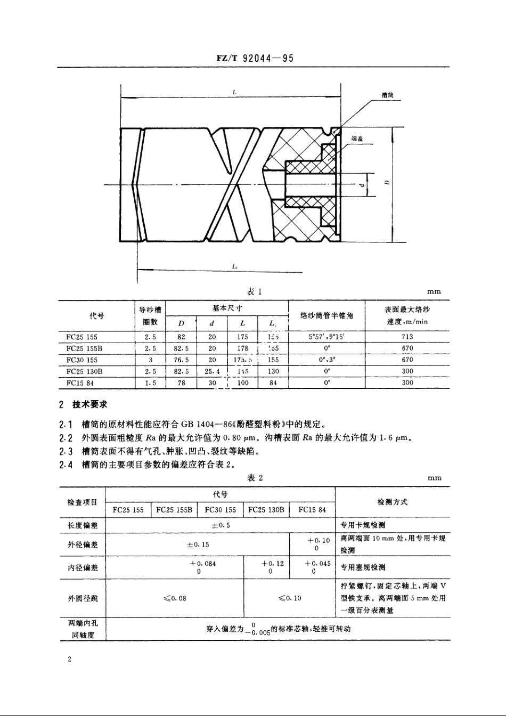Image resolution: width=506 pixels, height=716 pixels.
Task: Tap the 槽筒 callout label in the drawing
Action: (x=388, y=96)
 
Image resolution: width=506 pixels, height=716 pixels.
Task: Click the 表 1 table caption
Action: (x=255, y=291)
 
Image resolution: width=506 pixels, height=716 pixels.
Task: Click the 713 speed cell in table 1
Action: (x=407, y=337)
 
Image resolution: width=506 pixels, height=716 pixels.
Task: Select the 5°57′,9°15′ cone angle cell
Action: (x=327, y=337)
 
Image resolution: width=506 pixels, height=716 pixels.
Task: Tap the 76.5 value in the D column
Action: (x=182, y=360)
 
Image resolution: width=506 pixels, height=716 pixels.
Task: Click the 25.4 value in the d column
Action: (x=212, y=371)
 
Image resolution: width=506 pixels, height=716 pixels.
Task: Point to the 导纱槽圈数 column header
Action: (x=151, y=315)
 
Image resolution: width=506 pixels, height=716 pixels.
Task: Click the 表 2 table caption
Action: (x=255, y=478)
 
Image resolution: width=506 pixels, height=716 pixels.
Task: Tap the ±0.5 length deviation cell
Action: (x=221, y=525)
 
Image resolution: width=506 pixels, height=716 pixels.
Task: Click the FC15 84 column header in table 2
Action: (x=312, y=510)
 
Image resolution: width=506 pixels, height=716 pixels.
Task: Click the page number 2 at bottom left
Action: (x=70, y=660)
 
